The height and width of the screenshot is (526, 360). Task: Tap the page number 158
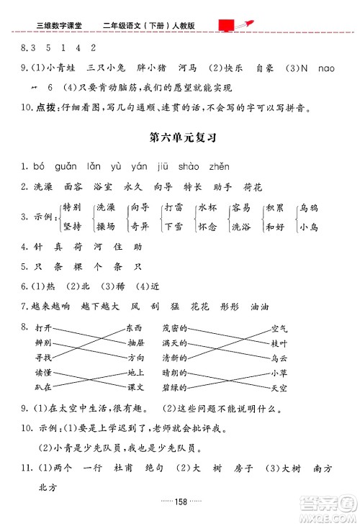click(x=181, y=502)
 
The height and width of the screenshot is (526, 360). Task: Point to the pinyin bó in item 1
click(x=40, y=166)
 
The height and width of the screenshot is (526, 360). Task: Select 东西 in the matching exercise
click(x=135, y=327)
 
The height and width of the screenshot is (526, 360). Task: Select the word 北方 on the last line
click(x=46, y=486)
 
